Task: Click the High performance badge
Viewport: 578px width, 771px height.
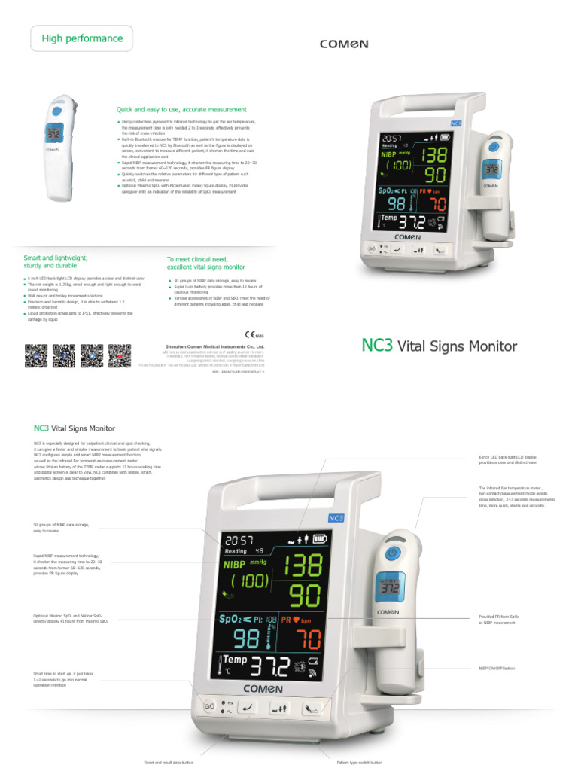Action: tap(81, 38)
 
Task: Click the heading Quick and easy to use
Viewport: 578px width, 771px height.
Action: tap(181, 109)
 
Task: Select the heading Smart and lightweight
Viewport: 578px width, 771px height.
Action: tap(56, 261)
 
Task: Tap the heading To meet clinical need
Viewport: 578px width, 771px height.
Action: tap(205, 263)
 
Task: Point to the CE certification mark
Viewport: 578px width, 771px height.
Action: tap(254, 334)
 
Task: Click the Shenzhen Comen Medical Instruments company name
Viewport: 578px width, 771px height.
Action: tap(214, 347)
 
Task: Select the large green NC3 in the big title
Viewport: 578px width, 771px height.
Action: tap(377, 346)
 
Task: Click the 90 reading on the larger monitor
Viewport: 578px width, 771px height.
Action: tap(305, 597)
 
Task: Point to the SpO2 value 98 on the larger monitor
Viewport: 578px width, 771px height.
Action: tap(245, 638)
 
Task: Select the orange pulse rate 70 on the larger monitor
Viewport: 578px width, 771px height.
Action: tap(306, 639)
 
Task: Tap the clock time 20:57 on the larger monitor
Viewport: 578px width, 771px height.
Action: tap(239, 540)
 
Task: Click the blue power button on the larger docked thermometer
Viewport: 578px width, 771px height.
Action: tap(391, 554)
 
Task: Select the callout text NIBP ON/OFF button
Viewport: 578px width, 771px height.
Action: tap(497, 668)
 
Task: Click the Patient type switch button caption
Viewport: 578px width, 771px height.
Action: tap(360, 763)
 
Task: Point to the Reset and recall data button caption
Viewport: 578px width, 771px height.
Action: tap(169, 763)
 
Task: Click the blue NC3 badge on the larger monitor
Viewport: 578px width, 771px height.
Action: tap(336, 517)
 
